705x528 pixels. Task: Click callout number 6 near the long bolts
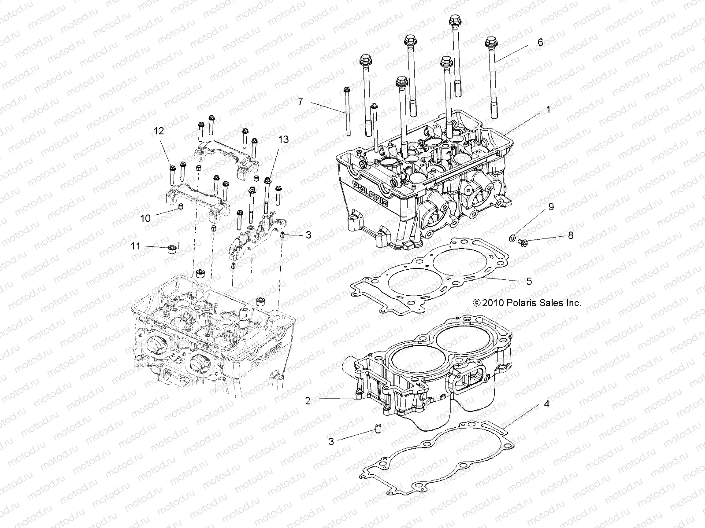(540, 42)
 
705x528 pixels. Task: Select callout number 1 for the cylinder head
(548, 110)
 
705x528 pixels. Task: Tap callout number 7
(312, 101)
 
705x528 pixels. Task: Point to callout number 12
(159, 131)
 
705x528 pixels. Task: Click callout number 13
(283, 139)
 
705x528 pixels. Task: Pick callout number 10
(146, 218)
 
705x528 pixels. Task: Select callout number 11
(136, 246)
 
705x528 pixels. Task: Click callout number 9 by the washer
(551, 206)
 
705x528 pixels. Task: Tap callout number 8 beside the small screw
(571, 235)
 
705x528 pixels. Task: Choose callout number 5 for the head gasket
(529, 281)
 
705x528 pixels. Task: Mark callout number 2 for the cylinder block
(308, 400)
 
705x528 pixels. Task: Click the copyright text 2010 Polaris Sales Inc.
(527, 303)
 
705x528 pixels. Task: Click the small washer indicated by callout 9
(512, 238)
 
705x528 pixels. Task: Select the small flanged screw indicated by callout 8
(522, 241)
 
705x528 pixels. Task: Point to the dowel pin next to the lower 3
(377, 428)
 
